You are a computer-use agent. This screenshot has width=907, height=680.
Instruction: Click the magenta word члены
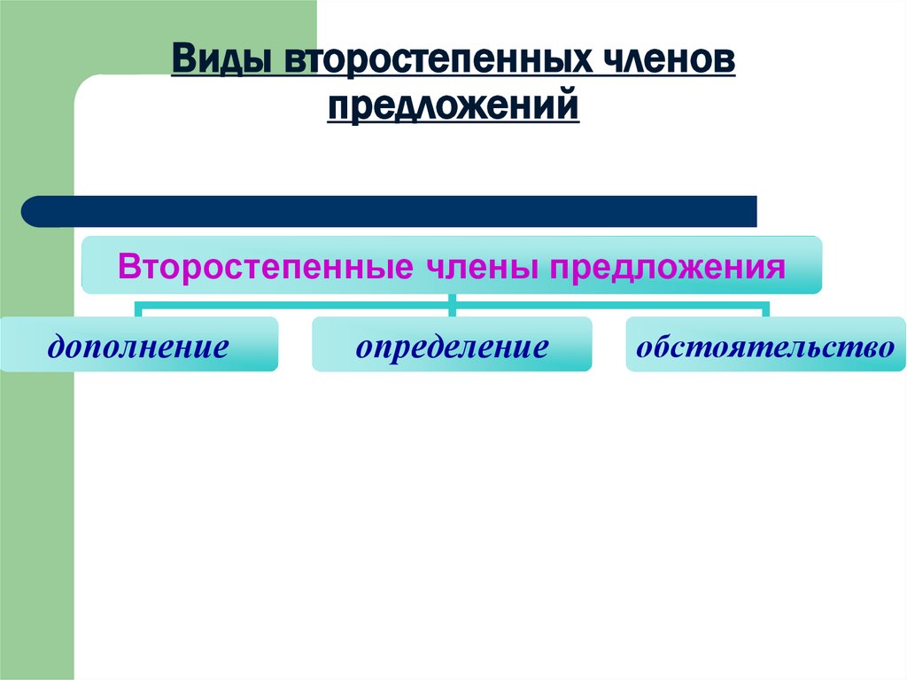[474, 266]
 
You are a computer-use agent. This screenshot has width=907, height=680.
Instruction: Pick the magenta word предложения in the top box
[669, 266]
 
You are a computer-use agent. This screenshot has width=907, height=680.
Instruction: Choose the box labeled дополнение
[138, 344]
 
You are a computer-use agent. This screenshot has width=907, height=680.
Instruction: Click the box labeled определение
[452, 344]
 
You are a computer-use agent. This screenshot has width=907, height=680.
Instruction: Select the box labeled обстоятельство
[766, 344]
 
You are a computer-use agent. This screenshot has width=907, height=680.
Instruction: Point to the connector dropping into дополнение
[138, 309]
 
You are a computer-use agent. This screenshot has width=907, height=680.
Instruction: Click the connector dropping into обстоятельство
[766, 309]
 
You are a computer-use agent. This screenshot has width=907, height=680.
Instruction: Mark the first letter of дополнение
[57, 346]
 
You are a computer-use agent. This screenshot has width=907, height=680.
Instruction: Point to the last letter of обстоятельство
[887, 346]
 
